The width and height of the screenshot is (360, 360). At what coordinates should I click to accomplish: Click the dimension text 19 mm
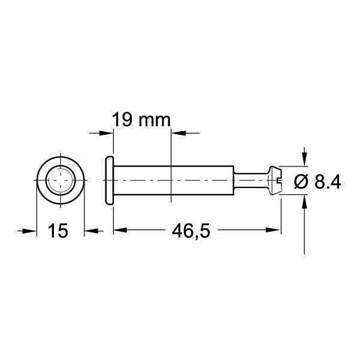pyautogui.click(x=141, y=120)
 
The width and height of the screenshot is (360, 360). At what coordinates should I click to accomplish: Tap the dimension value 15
pyautogui.click(x=59, y=230)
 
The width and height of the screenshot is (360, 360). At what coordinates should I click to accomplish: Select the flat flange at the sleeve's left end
pyautogui.click(x=109, y=180)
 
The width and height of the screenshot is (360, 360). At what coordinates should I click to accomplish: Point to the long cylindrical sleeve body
pyautogui.click(x=174, y=180)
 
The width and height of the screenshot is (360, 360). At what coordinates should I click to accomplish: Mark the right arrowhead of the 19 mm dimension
pyautogui.click(x=178, y=132)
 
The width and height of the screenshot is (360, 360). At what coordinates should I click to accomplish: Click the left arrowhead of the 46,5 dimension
pyautogui.click(x=119, y=230)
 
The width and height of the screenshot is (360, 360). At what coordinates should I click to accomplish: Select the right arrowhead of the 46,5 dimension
pyautogui.click(x=275, y=230)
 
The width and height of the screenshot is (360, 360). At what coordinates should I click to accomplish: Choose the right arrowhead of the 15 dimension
pyautogui.click(x=89, y=230)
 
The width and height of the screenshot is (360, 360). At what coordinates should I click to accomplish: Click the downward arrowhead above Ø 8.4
pyautogui.click(x=305, y=158)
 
